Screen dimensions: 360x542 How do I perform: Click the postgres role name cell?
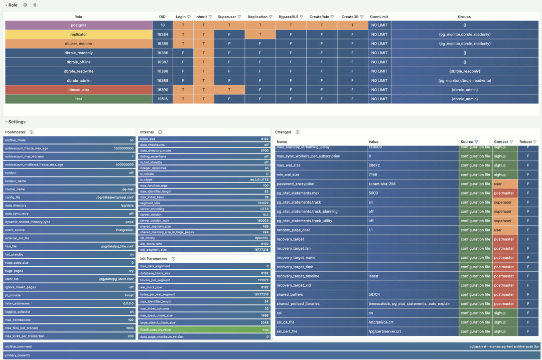tap(78, 25)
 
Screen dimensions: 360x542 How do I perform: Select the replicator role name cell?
tap(78, 34)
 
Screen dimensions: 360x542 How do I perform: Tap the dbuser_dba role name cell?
tap(78, 90)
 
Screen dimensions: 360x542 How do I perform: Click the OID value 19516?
tap(162, 99)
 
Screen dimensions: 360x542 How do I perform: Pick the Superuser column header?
tap(227, 17)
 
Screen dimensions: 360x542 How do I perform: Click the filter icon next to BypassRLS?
tap(301, 17)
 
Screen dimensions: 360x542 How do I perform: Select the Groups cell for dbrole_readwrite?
tap(464, 71)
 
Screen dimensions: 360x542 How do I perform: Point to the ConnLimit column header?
tap(379, 17)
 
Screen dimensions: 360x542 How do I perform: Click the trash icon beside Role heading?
tap(35, 5)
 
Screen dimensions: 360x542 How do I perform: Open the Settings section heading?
tap(17, 122)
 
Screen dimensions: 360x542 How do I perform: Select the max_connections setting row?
tap(69, 319)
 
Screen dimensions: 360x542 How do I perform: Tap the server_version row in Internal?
tap(204, 214)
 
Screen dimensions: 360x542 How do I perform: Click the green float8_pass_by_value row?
tap(204, 329)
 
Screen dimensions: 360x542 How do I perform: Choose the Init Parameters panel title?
tap(154, 259)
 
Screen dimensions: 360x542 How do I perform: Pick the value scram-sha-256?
tap(382, 184)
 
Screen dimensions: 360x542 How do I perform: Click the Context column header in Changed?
tap(501, 142)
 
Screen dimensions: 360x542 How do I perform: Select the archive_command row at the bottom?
tap(271, 346)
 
